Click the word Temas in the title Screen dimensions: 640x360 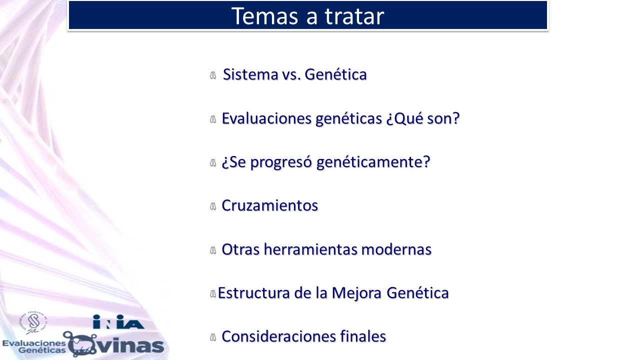pyautogui.click(x=264, y=16)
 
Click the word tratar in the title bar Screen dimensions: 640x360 pyautogui.click(x=354, y=16)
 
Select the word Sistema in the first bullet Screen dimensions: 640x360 pyautogui.click(x=250, y=74)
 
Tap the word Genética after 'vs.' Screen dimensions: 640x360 pyautogui.click(x=335, y=74)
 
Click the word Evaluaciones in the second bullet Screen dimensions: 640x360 pyautogui.click(x=266, y=118)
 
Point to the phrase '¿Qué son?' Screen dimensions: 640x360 pyautogui.click(x=423, y=119)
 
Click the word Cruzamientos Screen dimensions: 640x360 pyautogui.click(x=269, y=205)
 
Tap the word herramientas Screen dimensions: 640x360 pyautogui.click(x=310, y=249)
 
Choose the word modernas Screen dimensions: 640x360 pyautogui.click(x=396, y=249)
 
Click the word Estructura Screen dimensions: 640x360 pyautogui.click(x=253, y=293)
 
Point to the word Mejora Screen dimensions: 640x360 pyautogui.click(x=356, y=293)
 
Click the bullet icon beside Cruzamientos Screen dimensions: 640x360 pyautogui.click(x=213, y=206)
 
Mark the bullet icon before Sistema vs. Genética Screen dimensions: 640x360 pyautogui.click(x=213, y=75)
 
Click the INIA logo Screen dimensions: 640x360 pyautogui.click(x=118, y=321)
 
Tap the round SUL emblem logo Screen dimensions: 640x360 pyautogui.click(x=33, y=323)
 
